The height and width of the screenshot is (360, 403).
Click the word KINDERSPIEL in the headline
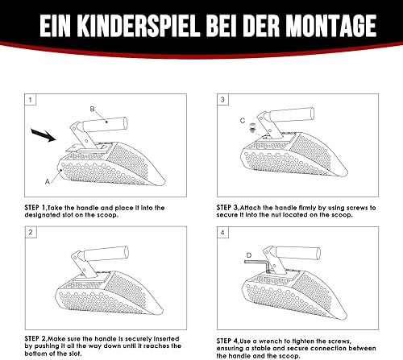139,26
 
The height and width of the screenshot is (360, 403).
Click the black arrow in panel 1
44,134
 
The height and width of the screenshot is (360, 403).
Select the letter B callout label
92,109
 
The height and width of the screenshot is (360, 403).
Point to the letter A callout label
48,182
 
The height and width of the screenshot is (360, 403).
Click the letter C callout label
243,121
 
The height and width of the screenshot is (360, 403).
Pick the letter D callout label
249,255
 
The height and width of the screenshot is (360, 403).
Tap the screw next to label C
252,127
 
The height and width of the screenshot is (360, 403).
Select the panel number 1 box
31,100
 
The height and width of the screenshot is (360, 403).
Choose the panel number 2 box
31,232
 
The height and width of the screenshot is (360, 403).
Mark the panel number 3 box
222,100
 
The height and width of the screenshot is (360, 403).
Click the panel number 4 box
222,233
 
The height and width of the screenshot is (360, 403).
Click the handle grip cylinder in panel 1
105,124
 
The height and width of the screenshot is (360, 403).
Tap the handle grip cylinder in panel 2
106,254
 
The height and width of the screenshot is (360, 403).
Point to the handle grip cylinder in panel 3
292,114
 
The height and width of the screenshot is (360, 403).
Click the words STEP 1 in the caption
35,208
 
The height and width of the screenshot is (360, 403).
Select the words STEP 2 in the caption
35,338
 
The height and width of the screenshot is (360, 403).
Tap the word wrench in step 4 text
270,341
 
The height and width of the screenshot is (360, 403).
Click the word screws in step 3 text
357,208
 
